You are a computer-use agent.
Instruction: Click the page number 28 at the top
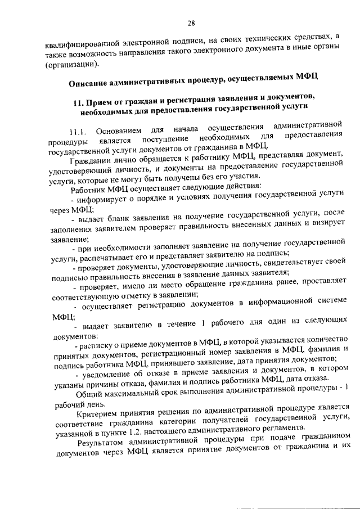click(x=191, y=23)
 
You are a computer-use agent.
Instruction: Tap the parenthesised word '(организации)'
click(x=71, y=65)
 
